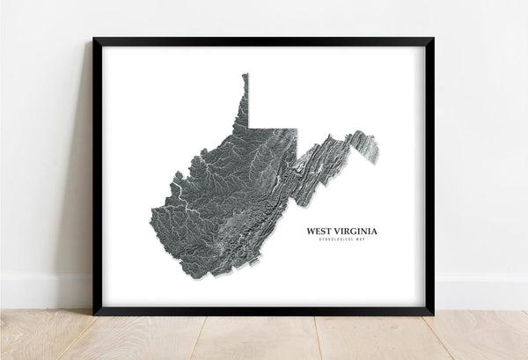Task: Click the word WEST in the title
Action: pos(320,231)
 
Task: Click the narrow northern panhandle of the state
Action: pos(245,97)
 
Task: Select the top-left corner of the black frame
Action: pos(95,40)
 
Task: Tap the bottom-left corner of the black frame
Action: pos(95,312)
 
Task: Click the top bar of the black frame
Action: pos(264,40)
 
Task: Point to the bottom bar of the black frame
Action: pos(264,312)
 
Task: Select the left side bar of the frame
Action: pos(97,176)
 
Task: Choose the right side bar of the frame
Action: pos(430,176)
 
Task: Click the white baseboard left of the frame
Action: pos(44,290)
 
